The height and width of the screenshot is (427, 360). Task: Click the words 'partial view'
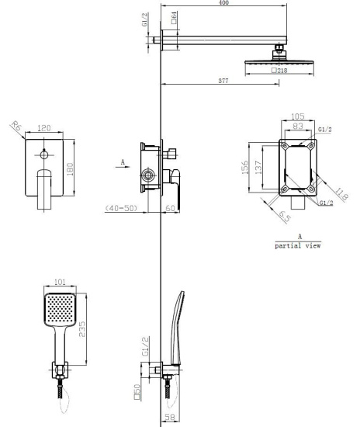pos(298,245)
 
